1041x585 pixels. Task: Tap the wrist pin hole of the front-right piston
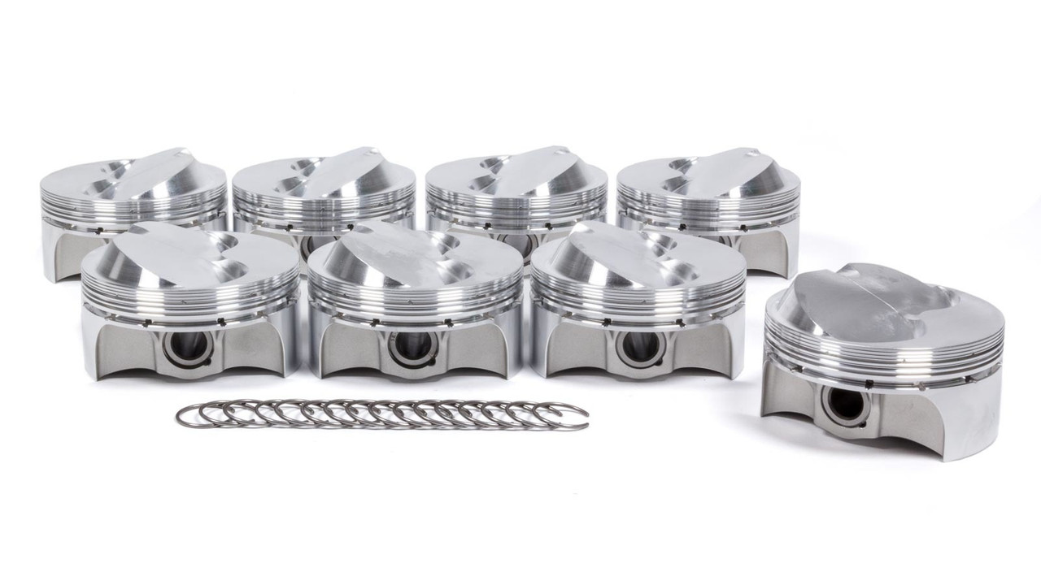click(x=629, y=345)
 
